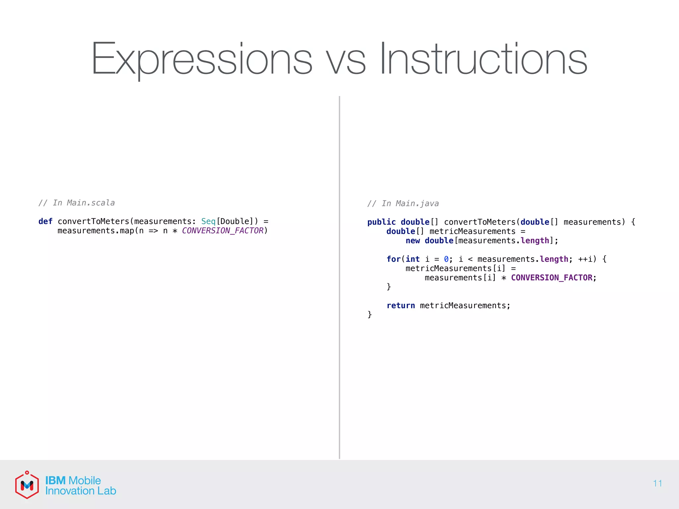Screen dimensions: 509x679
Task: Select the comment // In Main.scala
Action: pyautogui.click(x=77, y=203)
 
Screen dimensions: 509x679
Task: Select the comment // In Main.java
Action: pyautogui.click(x=403, y=203)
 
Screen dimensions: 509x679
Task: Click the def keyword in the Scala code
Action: pyautogui.click(x=45, y=221)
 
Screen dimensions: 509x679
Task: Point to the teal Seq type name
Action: pyautogui.click(x=208, y=221)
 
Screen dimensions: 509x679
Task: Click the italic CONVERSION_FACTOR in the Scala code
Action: pyautogui.click(x=222, y=231)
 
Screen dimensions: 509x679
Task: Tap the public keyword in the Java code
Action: pyautogui.click(x=381, y=222)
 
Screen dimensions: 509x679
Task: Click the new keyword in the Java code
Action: pyautogui.click(x=412, y=241)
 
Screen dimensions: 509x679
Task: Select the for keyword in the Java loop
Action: pyautogui.click(x=393, y=259)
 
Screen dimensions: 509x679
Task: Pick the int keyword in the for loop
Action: pyautogui.click(x=412, y=259)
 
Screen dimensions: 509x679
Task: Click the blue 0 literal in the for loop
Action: pyautogui.click(x=446, y=259)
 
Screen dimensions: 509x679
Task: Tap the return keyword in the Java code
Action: pyautogui.click(x=401, y=306)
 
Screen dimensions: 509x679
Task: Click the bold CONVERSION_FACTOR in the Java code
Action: pyautogui.click(x=551, y=278)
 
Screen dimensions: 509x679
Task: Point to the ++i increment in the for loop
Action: pyautogui.click(x=585, y=259)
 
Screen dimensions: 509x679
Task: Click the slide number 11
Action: pyautogui.click(x=657, y=483)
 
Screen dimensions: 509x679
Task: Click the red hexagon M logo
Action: pyautogui.click(x=27, y=485)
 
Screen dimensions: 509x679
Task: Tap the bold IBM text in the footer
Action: pyautogui.click(x=55, y=481)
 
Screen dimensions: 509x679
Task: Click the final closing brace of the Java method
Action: pyautogui.click(x=369, y=314)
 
